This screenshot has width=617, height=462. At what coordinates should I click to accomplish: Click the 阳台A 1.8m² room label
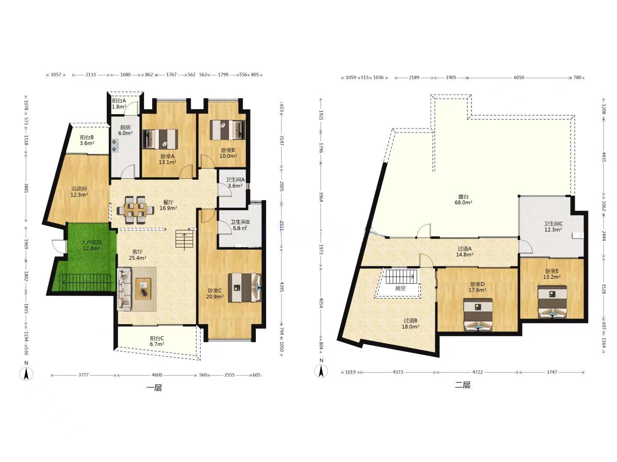click(119, 104)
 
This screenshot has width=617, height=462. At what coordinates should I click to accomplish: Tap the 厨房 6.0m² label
click(125, 130)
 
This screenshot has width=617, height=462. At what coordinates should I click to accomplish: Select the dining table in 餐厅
click(135, 210)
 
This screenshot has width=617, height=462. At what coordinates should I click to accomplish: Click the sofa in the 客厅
click(124, 289)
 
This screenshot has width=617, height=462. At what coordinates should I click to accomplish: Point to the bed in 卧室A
click(160, 139)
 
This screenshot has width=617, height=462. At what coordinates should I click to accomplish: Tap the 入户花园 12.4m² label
click(92, 245)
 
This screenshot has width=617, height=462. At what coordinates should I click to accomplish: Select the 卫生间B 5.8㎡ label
click(240, 225)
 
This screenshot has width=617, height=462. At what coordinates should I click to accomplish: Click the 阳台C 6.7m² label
click(157, 341)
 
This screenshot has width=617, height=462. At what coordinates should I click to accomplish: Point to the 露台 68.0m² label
click(463, 199)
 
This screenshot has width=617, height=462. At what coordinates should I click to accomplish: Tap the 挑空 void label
click(400, 288)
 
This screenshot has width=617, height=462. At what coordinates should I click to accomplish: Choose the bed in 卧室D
click(478, 315)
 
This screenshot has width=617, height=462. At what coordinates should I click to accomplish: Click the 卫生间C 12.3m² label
click(553, 227)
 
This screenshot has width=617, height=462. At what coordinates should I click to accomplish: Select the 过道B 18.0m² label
click(410, 323)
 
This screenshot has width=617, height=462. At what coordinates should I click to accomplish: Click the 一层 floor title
click(154, 388)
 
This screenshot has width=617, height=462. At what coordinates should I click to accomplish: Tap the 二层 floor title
click(463, 385)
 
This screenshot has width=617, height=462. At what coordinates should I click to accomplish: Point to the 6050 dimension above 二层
click(519, 77)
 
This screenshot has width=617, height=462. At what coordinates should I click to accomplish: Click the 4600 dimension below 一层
click(157, 375)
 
